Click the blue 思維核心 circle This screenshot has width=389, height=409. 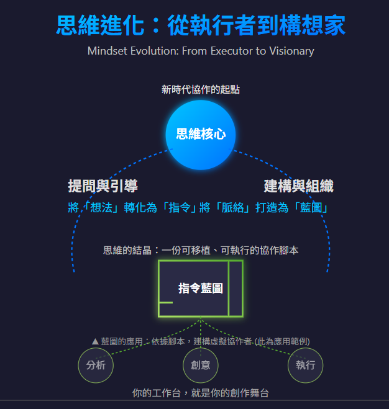(x=201, y=134)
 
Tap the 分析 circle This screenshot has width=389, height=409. (x=96, y=365)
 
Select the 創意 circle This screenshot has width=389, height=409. (x=200, y=365)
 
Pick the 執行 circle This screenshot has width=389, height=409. (x=306, y=365)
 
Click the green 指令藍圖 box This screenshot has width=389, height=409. (x=200, y=288)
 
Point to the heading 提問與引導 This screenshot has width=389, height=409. (x=103, y=186)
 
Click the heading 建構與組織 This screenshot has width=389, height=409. (x=298, y=186)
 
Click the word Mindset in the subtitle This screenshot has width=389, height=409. (x=109, y=51)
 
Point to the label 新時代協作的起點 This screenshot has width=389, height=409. (x=200, y=90)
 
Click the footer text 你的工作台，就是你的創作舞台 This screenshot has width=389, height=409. (x=200, y=393)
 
